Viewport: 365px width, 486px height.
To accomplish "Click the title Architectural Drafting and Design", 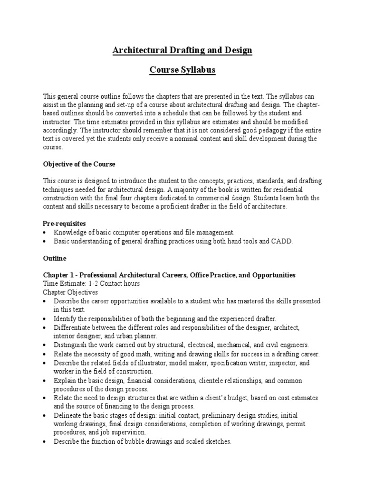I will coord(182,50).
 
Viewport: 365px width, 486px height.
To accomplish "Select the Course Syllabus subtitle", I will coord(182,70).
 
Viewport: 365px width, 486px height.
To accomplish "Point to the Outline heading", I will coord(55,259).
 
